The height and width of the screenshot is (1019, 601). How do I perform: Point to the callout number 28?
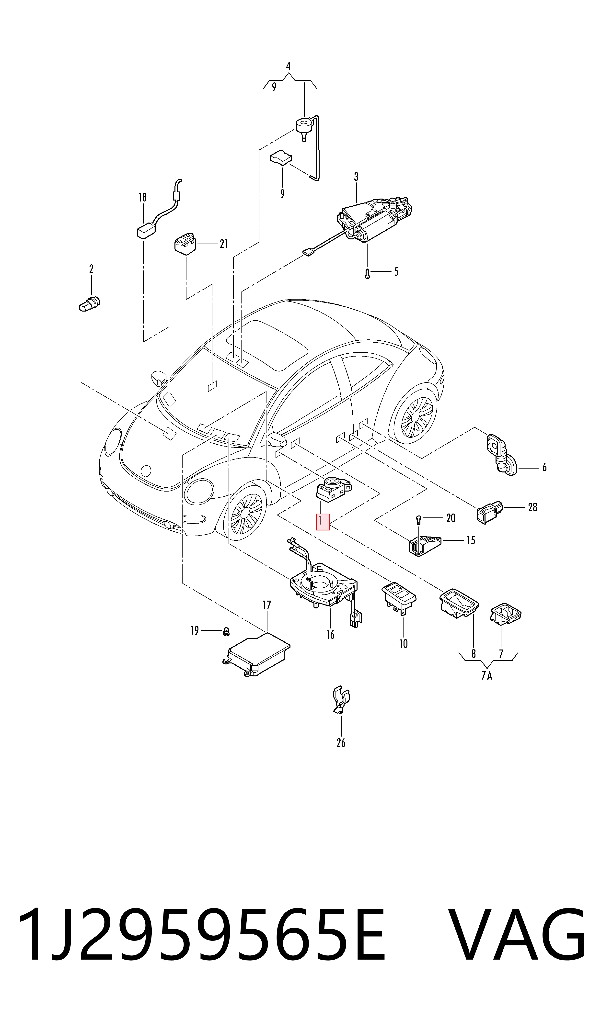click(x=532, y=507)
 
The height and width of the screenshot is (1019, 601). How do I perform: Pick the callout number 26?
click(x=341, y=743)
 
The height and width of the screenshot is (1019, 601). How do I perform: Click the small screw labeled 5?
click(x=367, y=274)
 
